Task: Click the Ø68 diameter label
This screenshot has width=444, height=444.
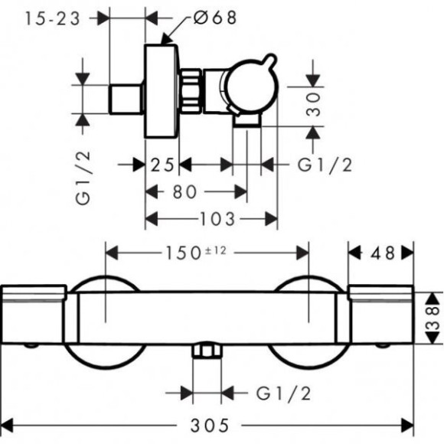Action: tap(215, 18)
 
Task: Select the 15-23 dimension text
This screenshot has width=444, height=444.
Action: tap(52, 18)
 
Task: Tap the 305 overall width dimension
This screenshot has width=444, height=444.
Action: tap(209, 426)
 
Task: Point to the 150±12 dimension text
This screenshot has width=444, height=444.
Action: tap(196, 253)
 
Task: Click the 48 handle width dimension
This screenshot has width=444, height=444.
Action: tap(383, 253)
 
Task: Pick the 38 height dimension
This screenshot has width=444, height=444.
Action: tap(433, 318)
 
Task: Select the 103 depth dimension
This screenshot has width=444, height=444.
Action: tap(217, 219)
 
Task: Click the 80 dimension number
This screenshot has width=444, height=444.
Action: tap(184, 191)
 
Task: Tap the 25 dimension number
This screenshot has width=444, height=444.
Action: tap(162, 165)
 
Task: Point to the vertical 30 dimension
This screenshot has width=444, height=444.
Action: tap(313, 104)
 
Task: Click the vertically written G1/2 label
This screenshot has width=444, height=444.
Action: tap(83, 178)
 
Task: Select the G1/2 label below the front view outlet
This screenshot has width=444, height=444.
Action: tap(283, 393)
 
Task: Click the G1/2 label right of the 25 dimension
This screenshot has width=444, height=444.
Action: tap(325, 165)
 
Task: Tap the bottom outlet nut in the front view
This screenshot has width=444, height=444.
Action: tap(207, 350)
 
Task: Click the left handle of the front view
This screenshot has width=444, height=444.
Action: tap(34, 315)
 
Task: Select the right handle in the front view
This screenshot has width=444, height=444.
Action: tap(381, 315)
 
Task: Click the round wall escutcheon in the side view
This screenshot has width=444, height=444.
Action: tap(162, 91)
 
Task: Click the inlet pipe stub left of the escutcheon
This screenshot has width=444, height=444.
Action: tap(126, 99)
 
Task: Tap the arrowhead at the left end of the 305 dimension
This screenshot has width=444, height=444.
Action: tap(7, 426)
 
